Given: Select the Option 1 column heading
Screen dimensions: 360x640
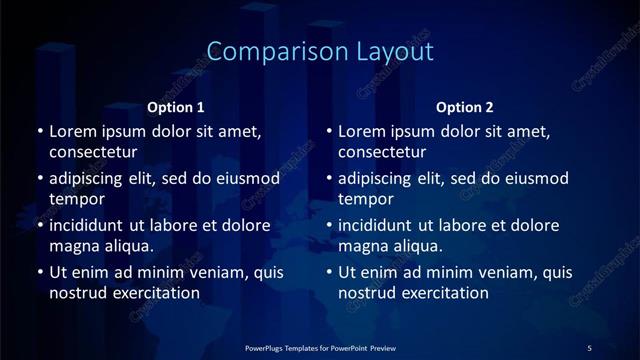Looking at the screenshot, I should [x=176, y=107].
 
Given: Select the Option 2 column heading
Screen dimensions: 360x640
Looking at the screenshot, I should [x=466, y=107].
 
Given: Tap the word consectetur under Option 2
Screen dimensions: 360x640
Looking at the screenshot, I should [x=383, y=152].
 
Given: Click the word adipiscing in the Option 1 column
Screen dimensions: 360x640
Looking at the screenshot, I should [x=91, y=178].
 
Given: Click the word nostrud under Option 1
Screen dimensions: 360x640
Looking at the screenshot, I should [x=77, y=293].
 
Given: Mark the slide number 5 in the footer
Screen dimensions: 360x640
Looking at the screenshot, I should [x=589, y=347].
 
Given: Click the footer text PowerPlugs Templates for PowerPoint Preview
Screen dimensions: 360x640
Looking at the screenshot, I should [x=319, y=347].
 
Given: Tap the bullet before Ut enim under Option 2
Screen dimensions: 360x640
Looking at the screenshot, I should [x=329, y=272].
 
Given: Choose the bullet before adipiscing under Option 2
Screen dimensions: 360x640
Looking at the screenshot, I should [x=329, y=178].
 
